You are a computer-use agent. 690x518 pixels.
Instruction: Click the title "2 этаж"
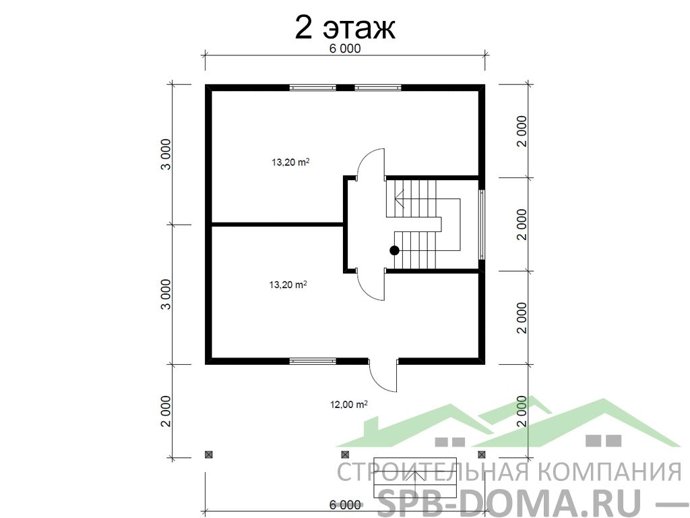(344, 28)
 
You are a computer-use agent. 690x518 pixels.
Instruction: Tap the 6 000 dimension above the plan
(344, 49)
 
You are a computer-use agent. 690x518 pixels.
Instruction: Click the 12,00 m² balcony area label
(348, 404)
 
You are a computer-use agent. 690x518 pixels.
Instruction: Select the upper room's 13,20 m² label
(290, 162)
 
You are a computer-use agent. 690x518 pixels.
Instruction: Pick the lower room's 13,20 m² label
(288, 285)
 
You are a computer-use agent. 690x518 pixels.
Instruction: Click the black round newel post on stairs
(394, 250)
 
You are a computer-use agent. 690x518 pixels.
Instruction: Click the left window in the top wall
(313, 88)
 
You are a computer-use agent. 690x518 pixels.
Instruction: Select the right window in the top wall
(378, 88)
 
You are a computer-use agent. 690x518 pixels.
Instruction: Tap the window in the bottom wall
(313, 362)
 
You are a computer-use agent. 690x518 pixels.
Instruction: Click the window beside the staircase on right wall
(482, 225)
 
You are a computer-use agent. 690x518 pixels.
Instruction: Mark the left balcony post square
(208, 454)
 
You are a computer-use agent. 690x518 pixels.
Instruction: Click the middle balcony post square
(345, 454)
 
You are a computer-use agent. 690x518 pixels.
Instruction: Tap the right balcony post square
(482, 454)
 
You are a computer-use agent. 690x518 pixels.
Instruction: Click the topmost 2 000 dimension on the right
(522, 132)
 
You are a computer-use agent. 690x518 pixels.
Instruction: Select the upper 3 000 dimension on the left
(166, 154)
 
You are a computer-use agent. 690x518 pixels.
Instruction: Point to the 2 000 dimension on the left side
(166, 411)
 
